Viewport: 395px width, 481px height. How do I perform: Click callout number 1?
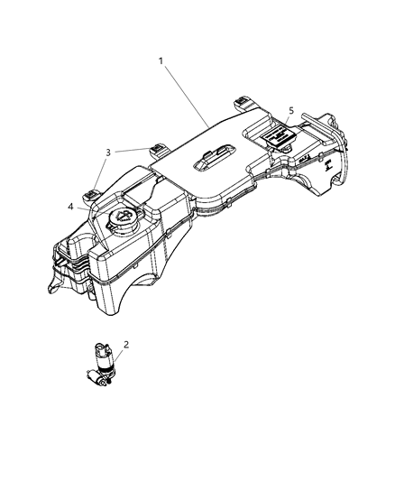click(x=161, y=61)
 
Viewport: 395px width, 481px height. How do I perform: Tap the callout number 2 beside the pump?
click(x=126, y=344)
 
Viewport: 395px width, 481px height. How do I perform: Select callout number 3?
click(x=108, y=153)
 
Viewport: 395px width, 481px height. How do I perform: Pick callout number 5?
click(x=290, y=110)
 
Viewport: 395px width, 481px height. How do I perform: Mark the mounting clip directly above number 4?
click(x=95, y=190)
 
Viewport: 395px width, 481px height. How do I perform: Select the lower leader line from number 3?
click(x=102, y=171)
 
